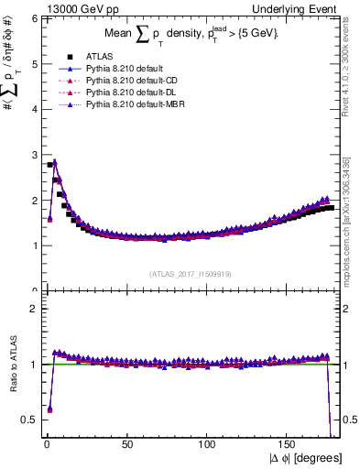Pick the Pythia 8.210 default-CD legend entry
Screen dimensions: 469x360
pos(127,81)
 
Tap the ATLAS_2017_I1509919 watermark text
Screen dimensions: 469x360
pos(190,274)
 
